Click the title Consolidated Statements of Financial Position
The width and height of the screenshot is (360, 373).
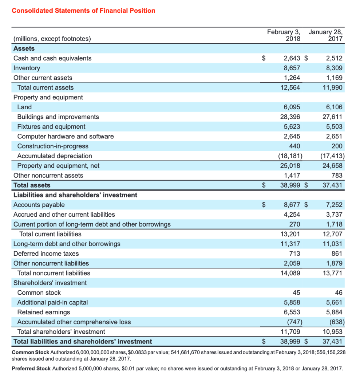83,11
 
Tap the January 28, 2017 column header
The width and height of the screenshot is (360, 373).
326,35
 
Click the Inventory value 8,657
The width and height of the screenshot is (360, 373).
292,68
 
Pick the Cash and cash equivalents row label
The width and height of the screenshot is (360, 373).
52,58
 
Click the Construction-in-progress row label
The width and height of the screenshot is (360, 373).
53,146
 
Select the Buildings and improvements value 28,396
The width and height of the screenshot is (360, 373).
290,117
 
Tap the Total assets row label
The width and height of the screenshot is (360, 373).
32,185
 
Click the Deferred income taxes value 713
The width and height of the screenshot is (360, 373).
295,254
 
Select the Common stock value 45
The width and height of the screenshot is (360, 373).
296,292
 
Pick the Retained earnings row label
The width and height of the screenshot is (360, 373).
44,312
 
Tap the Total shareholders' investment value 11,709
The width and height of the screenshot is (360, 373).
290,332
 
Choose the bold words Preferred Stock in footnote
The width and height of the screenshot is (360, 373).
31,368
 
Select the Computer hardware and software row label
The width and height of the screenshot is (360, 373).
66,136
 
